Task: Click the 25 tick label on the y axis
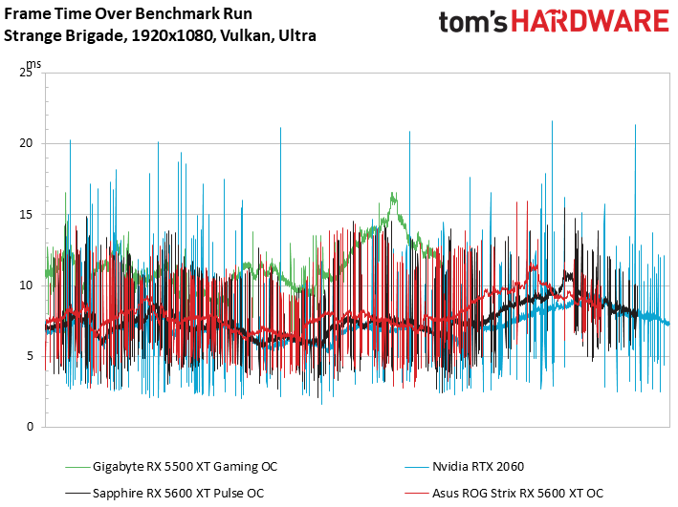pos(27,73)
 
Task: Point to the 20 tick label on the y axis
pos(27,143)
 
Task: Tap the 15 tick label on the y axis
pos(27,214)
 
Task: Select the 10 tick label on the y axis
pos(27,285)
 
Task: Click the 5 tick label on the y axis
pos(31,355)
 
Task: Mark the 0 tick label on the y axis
pos(31,426)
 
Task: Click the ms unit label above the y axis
pos(33,63)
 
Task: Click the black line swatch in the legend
pos(77,492)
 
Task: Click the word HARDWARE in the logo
pos(591,22)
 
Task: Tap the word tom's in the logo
pos(472,22)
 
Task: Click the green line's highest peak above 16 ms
pos(393,195)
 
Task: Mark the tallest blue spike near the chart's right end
pos(635,125)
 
